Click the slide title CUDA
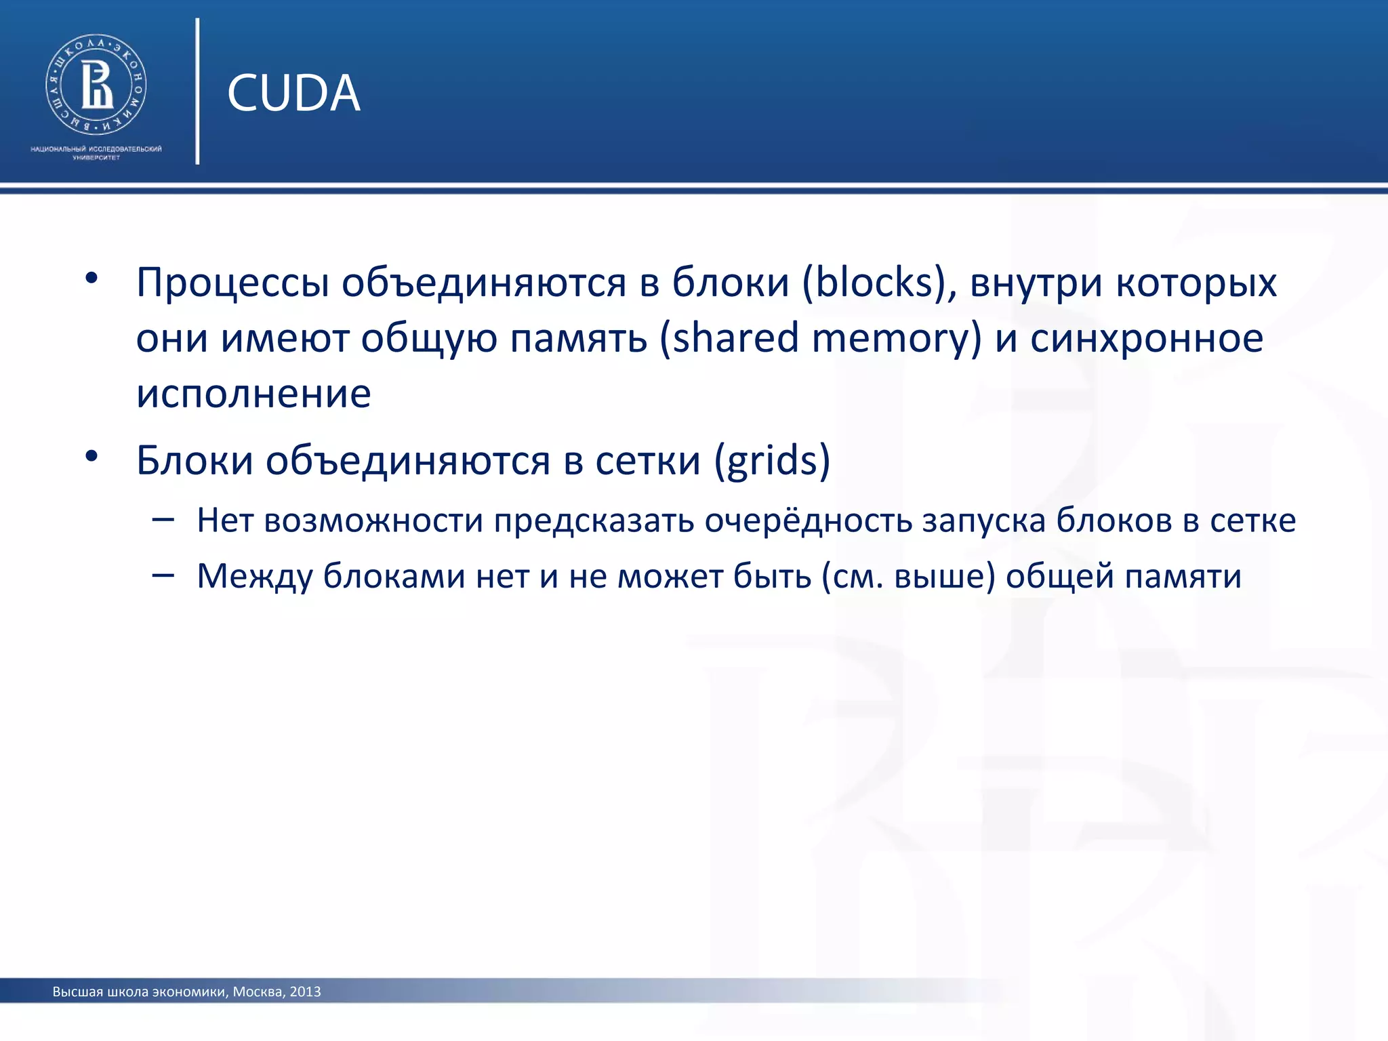click(293, 93)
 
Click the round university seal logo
click(96, 85)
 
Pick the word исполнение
click(253, 394)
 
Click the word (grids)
click(772, 462)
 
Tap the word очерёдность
click(808, 520)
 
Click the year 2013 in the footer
click(305, 992)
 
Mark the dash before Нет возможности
click(163, 520)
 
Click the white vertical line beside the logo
click(197, 91)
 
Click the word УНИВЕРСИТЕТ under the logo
click(96, 158)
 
